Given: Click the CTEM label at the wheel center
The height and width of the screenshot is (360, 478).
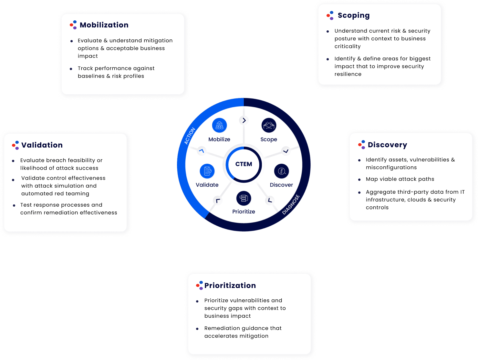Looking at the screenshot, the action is (244, 164).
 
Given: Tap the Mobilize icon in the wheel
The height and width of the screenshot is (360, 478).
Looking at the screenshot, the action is (219, 125).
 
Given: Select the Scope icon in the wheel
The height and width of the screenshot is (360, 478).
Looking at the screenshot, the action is (269, 125).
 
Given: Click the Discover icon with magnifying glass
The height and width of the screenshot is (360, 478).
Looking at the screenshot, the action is (281, 171).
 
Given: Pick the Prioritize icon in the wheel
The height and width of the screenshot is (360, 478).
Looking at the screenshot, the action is (244, 198).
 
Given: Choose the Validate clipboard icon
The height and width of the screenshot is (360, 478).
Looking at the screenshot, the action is (207, 171).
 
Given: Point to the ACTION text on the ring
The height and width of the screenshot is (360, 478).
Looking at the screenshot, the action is (190, 136).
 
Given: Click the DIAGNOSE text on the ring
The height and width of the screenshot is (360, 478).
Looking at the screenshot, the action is (291, 205).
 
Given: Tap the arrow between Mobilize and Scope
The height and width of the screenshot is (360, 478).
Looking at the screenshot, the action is (244, 120).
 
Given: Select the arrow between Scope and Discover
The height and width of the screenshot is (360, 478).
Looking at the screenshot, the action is (286, 151).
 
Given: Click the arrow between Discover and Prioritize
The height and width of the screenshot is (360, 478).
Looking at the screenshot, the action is (270, 200).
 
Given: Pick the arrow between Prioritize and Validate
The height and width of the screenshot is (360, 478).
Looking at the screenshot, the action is (218, 200).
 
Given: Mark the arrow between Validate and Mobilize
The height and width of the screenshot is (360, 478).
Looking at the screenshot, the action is (202, 150).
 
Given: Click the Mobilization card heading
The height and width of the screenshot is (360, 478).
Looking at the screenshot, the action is (104, 25).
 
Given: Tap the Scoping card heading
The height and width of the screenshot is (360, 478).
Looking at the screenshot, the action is (353, 15).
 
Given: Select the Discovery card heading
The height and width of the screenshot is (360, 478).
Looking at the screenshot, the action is (387, 145).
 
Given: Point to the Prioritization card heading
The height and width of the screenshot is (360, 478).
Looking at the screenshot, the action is (230, 285).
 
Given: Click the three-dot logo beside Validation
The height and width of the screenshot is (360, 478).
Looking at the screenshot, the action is (16, 145).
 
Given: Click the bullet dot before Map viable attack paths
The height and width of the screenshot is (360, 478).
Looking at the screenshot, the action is (359, 180).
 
